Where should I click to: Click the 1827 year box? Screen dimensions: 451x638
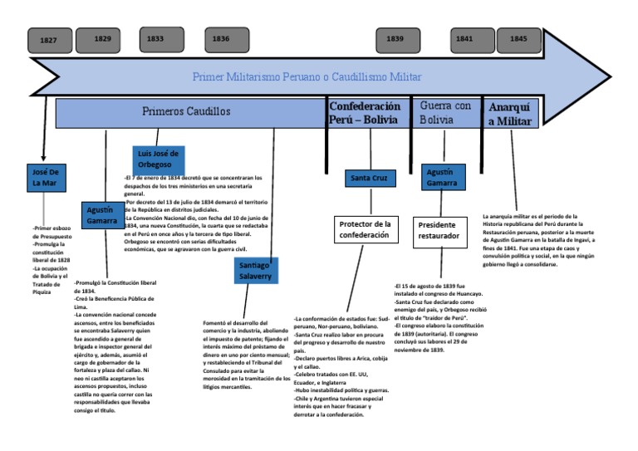50,41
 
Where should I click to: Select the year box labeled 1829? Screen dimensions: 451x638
103,39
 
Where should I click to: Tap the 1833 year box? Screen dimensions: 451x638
155,39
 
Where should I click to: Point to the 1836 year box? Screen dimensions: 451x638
220,39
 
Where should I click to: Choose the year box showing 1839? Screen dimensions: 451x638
396,39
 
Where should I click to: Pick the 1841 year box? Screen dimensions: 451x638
464,39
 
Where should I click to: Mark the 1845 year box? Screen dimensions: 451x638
518,39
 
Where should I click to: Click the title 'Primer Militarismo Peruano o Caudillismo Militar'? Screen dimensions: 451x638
307,77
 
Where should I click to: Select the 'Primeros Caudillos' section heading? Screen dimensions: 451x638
187,111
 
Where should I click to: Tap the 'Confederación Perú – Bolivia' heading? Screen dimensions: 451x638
366,113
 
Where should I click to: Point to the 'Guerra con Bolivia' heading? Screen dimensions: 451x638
445,113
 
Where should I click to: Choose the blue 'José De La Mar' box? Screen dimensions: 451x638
53,177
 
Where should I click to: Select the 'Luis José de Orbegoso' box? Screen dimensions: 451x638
159,159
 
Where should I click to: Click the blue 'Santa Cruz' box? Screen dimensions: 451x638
371,179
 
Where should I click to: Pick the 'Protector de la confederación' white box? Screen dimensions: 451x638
366,230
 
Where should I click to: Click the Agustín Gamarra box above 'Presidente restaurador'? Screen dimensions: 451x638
441,177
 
